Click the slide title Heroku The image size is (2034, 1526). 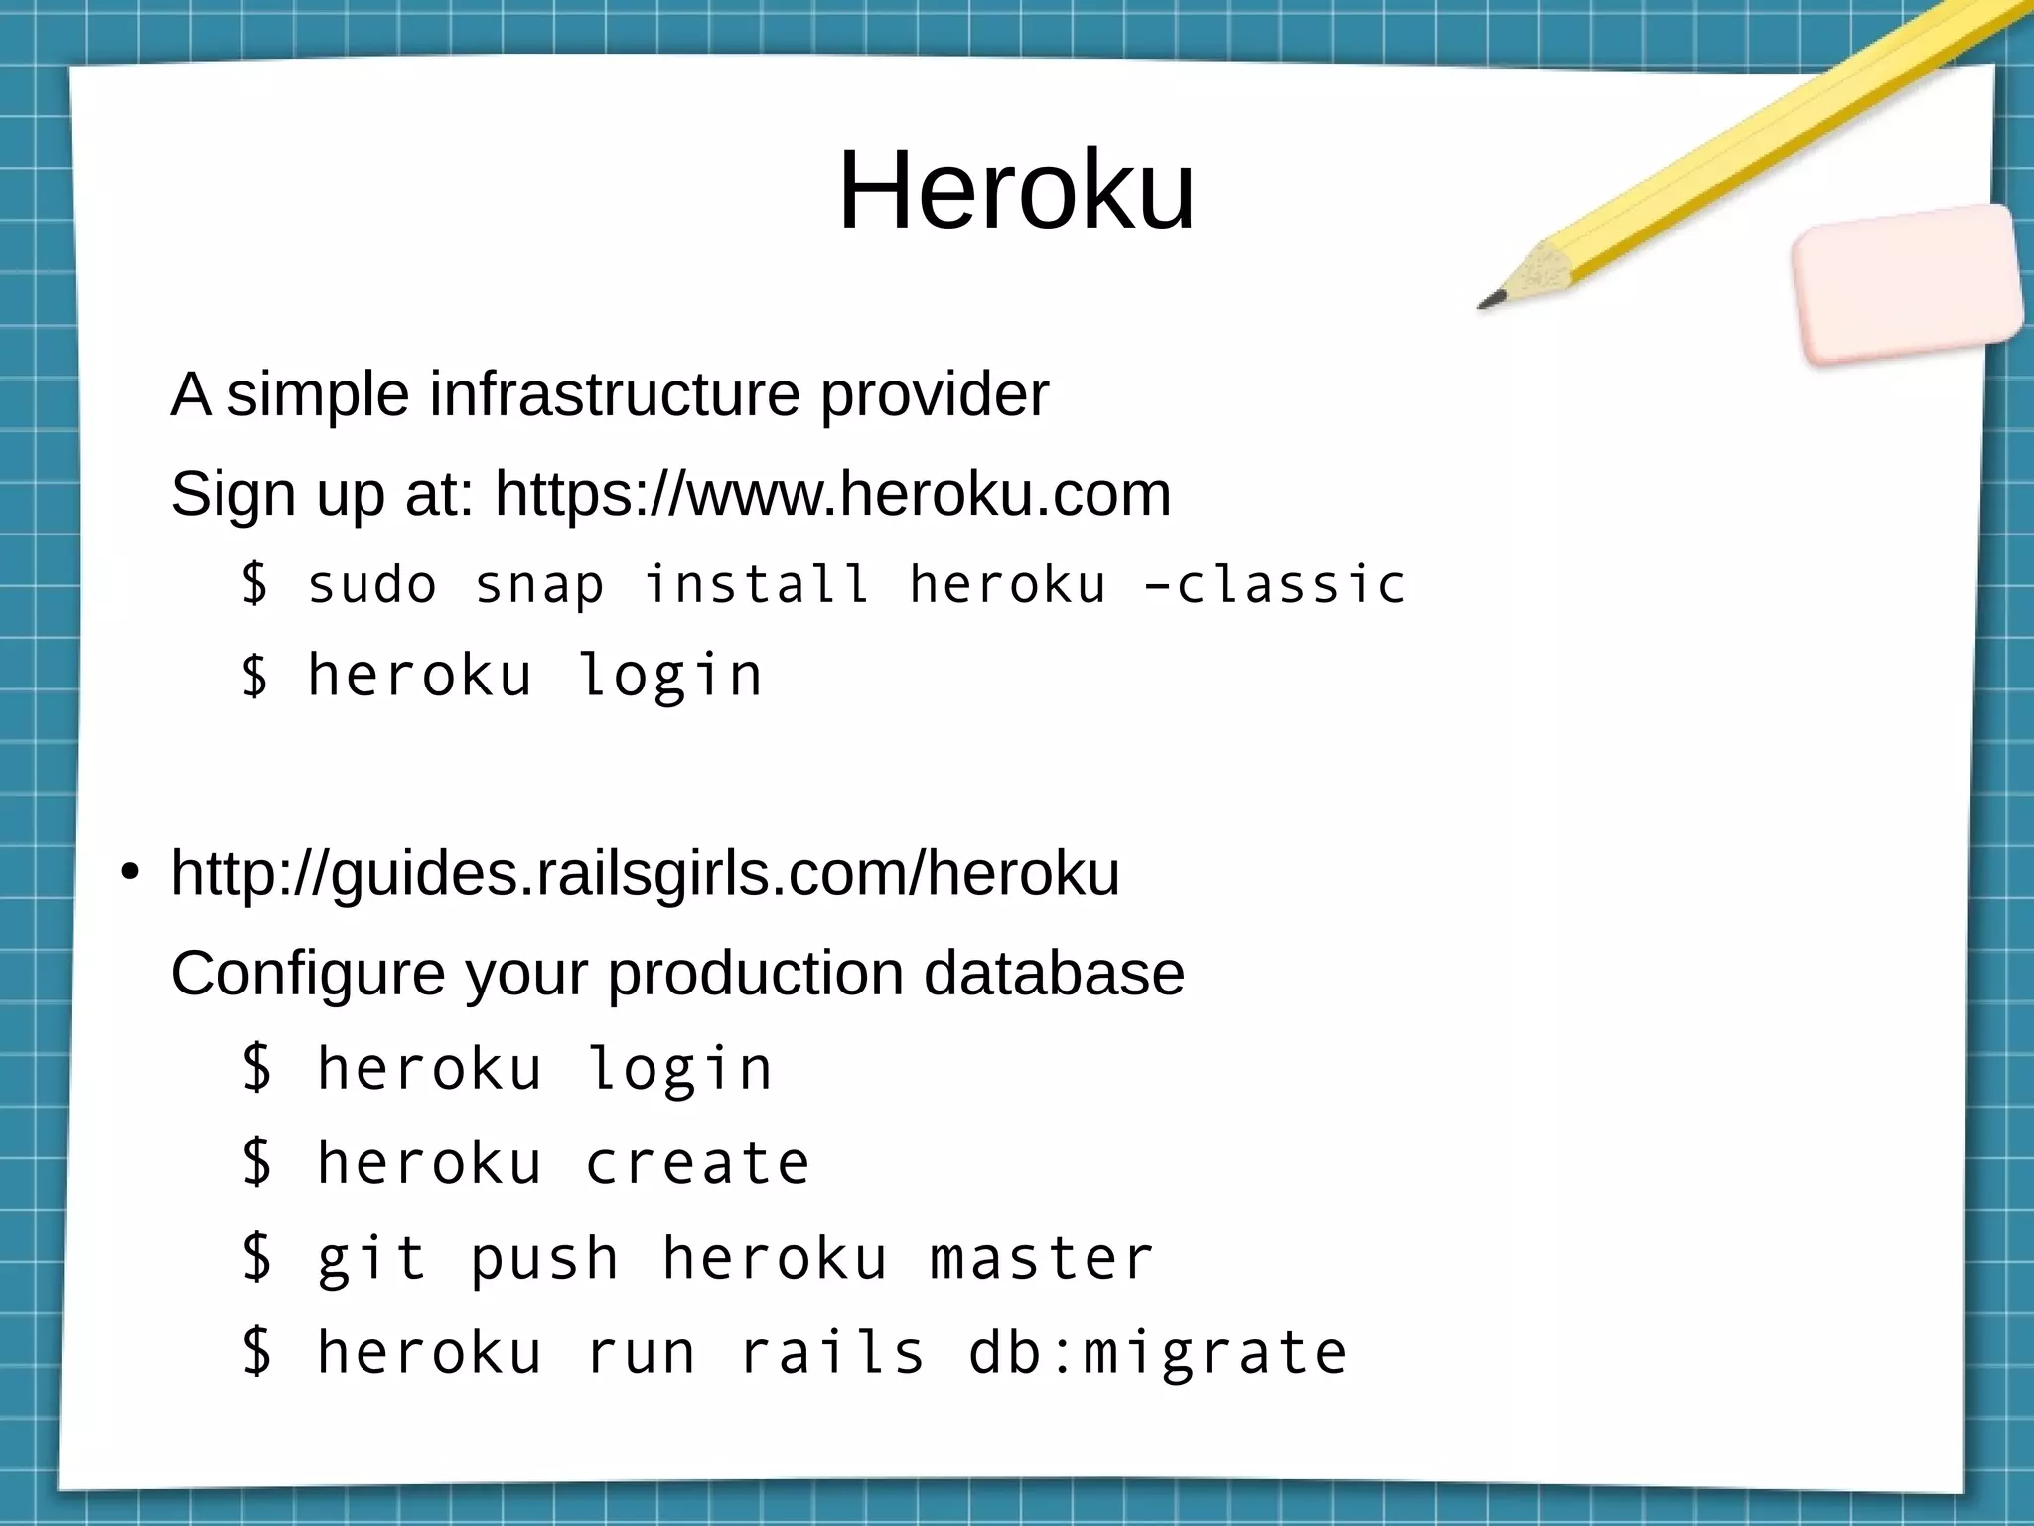click(x=1016, y=190)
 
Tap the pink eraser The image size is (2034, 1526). click(x=1906, y=282)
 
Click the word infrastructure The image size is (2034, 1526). click(x=614, y=394)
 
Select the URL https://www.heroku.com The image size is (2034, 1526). click(x=832, y=494)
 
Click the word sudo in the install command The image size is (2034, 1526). click(x=372, y=584)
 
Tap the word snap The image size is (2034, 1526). click(x=539, y=584)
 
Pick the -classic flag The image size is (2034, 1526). click(x=1275, y=584)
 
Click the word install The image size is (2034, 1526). click(x=757, y=584)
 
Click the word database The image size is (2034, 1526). click(x=1054, y=973)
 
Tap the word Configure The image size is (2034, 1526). click(x=307, y=973)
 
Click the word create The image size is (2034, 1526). click(x=697, y=1163)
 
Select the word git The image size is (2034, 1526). click(x=371, y=1259)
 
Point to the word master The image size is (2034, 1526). click(x=1042, y=1259)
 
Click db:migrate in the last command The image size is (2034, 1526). click(x=1157, y=1353)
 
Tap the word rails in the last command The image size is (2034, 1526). click(x=832, y=1353)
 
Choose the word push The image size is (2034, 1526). click(x=544, y=1259)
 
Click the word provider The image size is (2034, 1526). click(x=934, y=394)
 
